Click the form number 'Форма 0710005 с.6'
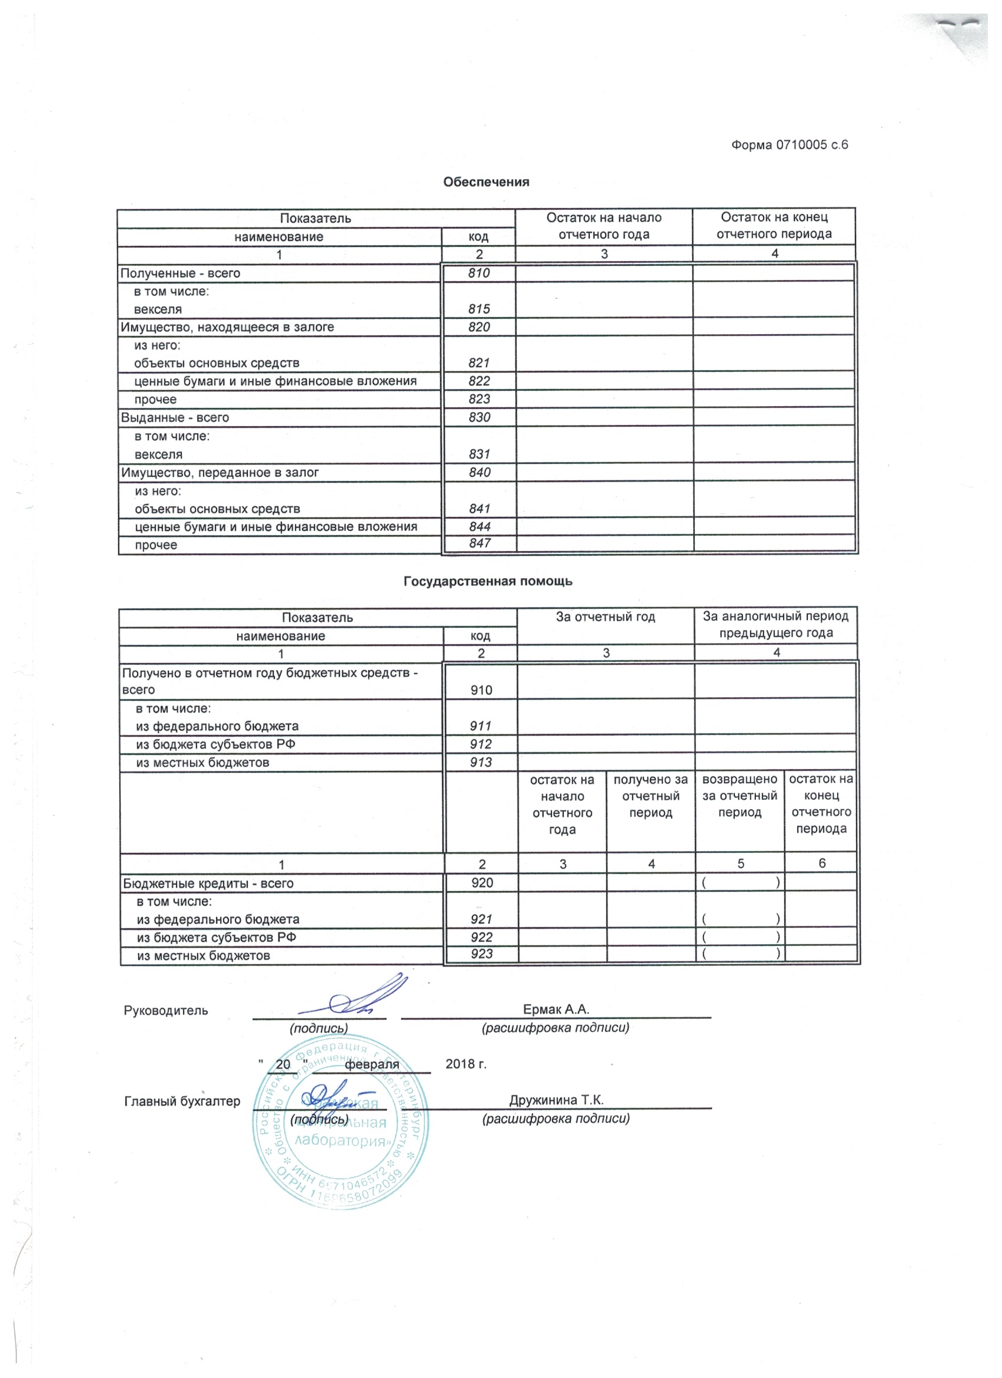789,144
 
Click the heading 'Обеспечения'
486,182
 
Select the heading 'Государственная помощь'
488,582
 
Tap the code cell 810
479,273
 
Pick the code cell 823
479,399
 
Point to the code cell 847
479,543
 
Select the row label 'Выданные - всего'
175,417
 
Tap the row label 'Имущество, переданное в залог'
220,472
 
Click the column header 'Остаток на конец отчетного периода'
774,225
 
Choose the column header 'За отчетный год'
605,617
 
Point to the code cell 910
481,690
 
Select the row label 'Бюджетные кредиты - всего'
209,883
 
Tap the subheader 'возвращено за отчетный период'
740,796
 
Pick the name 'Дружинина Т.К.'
556,1100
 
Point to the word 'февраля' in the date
372,1064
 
